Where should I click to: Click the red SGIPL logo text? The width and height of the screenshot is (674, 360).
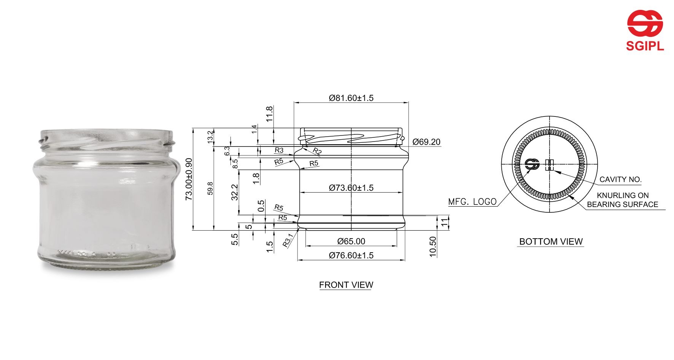645,46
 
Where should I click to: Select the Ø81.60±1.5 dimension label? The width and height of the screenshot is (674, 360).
351,98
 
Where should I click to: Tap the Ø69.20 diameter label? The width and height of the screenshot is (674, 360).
426,142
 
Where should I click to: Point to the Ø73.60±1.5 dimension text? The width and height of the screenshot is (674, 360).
351,188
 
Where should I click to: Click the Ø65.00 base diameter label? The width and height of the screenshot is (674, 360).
351,241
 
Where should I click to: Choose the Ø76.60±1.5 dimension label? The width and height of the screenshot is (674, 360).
351,255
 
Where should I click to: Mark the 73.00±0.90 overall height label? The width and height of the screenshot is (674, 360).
189,179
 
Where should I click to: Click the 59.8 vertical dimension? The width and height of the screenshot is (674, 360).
210,189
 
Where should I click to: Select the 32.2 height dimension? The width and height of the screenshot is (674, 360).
235,192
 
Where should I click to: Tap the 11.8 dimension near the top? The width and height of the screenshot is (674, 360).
269,114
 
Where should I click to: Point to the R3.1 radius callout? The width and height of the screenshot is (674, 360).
288,241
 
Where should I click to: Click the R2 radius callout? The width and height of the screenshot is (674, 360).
317,151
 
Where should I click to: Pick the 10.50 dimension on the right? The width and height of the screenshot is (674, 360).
433,247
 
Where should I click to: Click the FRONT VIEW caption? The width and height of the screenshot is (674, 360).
346,285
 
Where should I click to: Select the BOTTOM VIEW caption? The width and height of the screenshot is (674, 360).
550,242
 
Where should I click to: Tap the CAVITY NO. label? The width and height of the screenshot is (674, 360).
620,179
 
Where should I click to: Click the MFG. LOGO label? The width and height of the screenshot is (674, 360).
472,202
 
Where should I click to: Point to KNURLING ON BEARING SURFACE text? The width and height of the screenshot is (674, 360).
622,200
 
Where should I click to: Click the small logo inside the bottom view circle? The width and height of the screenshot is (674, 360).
532,165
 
